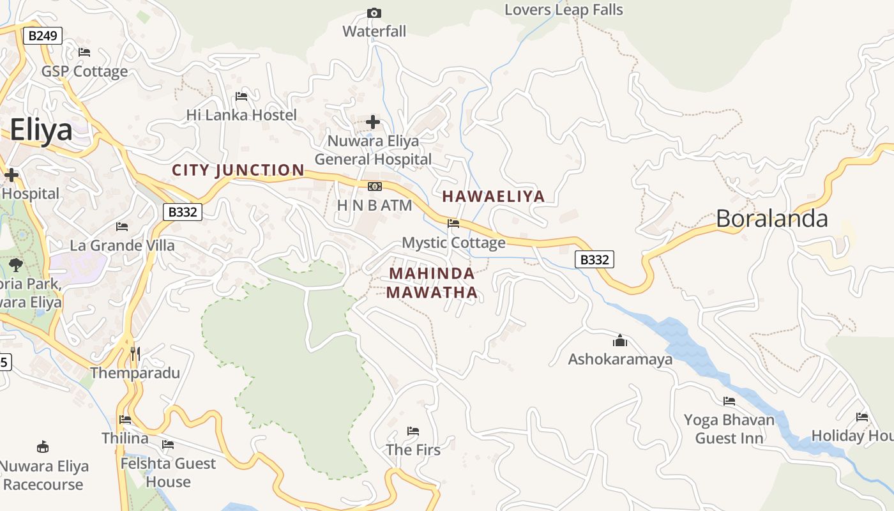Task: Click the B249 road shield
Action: point(43,36)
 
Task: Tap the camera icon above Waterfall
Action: point(374,13)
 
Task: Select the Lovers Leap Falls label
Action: point(563,10)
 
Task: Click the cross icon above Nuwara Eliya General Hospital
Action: point(373,121)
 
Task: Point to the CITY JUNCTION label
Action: point(238,170)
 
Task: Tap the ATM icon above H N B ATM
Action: point(374,186)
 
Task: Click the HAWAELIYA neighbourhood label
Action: point(494,196)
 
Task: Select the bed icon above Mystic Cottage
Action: point(453,223)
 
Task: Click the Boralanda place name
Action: point(771,218)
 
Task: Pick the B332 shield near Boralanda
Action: point(594,259)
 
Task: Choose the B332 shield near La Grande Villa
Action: point(183,212)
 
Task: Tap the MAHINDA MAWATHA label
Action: point(432,283)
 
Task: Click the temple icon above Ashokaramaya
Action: point(619,340)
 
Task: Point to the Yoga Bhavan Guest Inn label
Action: point(729,429)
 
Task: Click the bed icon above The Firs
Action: point(413,431)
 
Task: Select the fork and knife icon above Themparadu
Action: point(135,353)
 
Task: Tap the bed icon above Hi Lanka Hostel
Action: point(241,96)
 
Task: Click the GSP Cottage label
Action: point(84,71)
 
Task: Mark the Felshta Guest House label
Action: point(169,472)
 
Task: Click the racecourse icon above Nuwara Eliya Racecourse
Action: point(43,446)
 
